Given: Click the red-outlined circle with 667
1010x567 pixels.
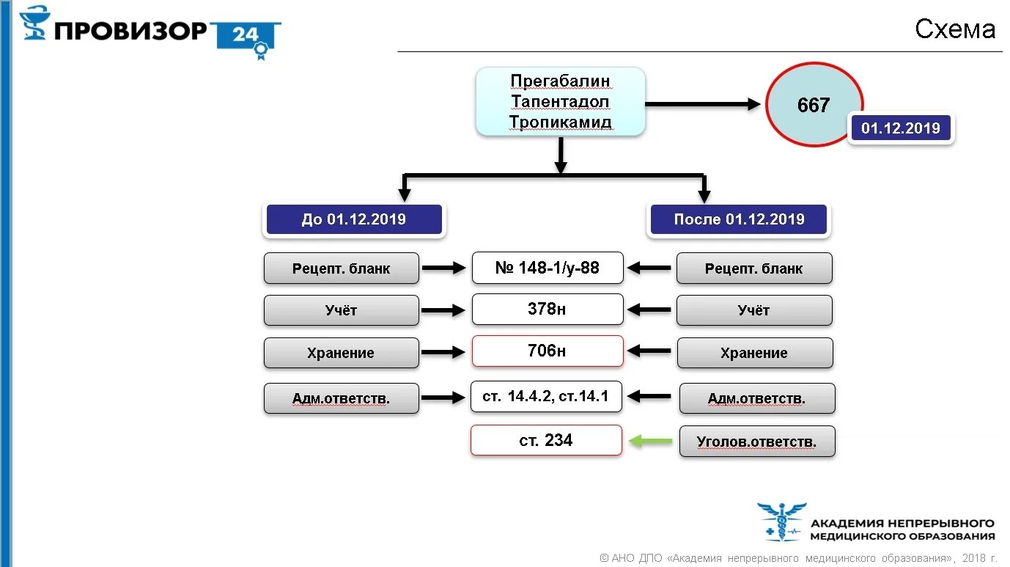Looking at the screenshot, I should [x=814, y=105].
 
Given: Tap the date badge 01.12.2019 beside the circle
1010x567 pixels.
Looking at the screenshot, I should [x=900, y=128].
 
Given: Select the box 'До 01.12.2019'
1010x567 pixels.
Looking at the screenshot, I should [x=354, y=219].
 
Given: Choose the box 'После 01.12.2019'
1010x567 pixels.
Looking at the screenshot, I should [x=738, y=219].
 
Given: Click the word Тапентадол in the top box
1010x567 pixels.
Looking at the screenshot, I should [x=560, y=101].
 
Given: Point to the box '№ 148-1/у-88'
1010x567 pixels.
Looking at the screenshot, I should [x=547, y=268].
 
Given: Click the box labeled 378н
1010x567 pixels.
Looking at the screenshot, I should [x=547, y=310].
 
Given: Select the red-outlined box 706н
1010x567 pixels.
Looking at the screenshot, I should [x=547, y=351].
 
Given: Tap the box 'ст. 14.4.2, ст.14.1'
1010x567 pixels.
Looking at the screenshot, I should [x=547, y=397].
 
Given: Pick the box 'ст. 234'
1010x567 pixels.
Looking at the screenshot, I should [x=546, y=440].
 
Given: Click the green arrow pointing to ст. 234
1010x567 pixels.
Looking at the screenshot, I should [x=651, y=441].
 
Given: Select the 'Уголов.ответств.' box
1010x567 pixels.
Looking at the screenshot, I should [x=756, y=442].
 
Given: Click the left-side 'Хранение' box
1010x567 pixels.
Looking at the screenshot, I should [x=341, y=353].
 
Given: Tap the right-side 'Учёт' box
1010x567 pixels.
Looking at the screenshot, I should [x=753, y=310].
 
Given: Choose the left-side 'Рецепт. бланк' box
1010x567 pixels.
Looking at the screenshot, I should [x=341, y=268].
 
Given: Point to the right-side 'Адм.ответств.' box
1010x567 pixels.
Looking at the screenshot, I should [x=756, y=398].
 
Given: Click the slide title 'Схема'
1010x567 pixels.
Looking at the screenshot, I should [x=954, y=29].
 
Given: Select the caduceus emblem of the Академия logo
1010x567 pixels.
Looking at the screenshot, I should [x=782, y=522].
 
